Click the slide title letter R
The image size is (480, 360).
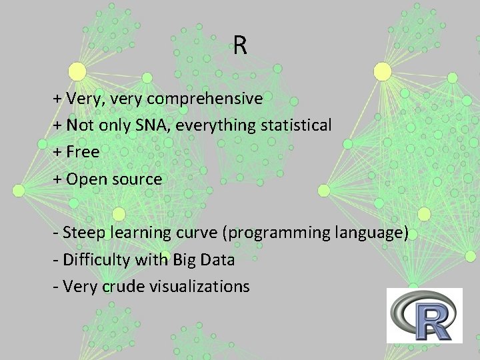pos(240,46)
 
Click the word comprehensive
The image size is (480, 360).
pos(205,99)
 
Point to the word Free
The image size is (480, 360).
pos(83,152)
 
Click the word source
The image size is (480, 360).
pos(138,179)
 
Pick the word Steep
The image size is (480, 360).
pos(85,233)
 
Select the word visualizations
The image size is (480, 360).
pos(199,287)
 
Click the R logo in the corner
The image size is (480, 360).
pos(424,315)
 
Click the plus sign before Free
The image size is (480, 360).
pos(57,152)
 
